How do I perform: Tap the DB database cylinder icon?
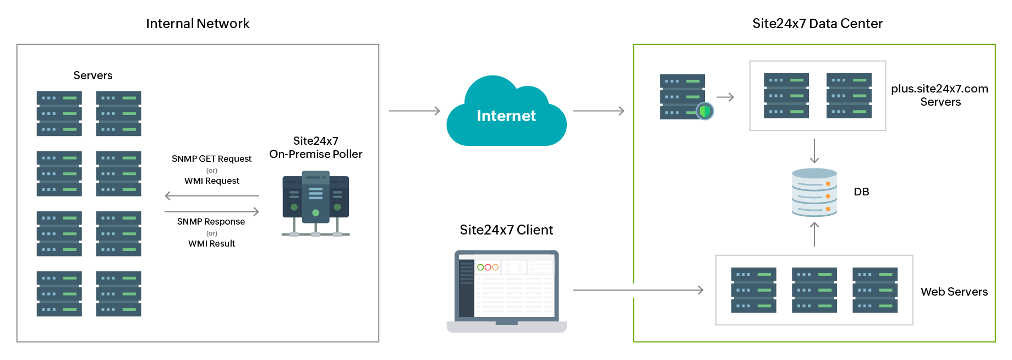pos(814,192)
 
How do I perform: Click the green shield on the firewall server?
pos(705,111)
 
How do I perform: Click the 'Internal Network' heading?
pos(198,24)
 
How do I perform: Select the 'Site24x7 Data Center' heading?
pos(817,24)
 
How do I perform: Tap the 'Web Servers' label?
pos(954,292)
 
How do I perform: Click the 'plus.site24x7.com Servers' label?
pos(939,95)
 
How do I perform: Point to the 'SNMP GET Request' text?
pos(211,159)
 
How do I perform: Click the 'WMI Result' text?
pos(211,243)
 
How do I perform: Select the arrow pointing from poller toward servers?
pos(211,195)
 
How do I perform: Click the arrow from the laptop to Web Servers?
pos(638,290)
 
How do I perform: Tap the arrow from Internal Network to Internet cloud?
pos(414,111)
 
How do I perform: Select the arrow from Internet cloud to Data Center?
pos(599,111)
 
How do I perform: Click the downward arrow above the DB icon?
pos(814,151)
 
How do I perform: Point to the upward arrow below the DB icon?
pos(814,234)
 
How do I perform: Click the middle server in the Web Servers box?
pos(814,290)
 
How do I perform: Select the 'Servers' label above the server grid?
pos(93,75)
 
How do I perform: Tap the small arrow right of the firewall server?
pos(725,97)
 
